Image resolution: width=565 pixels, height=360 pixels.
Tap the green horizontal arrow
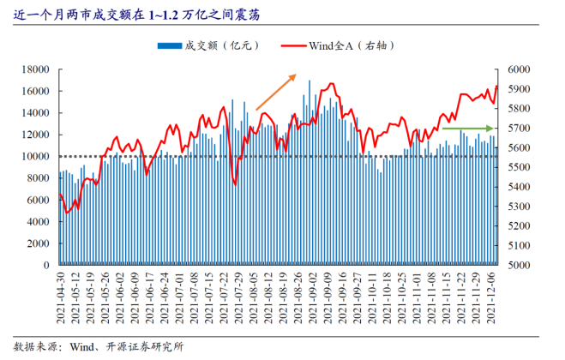click(x=468, y=129)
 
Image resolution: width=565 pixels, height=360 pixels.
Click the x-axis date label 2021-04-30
click(x=61, y=297)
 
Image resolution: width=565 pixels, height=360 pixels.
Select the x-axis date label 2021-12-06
click(x=491, y=297)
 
